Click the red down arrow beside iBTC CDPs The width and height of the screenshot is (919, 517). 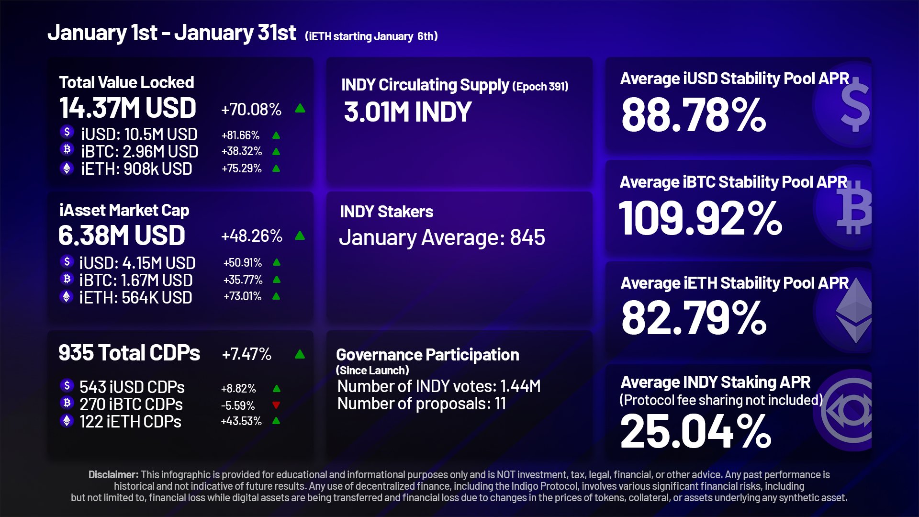click(x=276, y=405)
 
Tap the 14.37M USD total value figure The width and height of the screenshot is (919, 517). click(x=128, y=108)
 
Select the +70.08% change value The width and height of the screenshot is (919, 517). click(x=251, y=110)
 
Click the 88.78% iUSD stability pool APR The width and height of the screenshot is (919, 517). click(x=694, y=115)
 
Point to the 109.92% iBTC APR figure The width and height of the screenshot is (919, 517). click(x=700, y=218)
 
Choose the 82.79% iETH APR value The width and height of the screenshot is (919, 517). click(x=694, y=318)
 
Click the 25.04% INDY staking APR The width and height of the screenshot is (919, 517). click(x=695, y=432)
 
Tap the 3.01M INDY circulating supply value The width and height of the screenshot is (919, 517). click(x=408, y=112)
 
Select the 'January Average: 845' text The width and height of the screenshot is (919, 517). click(x=442, y=237)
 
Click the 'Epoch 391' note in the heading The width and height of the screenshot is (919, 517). click(x=540, y=87)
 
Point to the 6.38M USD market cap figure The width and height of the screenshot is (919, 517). click(x=122, y=236)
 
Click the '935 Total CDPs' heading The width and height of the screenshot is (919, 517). click(x=129, y=353)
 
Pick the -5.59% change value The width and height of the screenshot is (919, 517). click(x=238, y=406)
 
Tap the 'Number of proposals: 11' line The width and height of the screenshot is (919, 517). click(x=422, y=404)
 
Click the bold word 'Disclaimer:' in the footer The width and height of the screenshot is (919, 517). click(x=113, y=475)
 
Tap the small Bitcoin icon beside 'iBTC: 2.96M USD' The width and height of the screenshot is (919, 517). click(x=67, y=149)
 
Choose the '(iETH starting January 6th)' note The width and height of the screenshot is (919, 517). click(x=371, y=36)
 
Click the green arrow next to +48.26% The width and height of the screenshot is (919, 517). click(x=300, y=236)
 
